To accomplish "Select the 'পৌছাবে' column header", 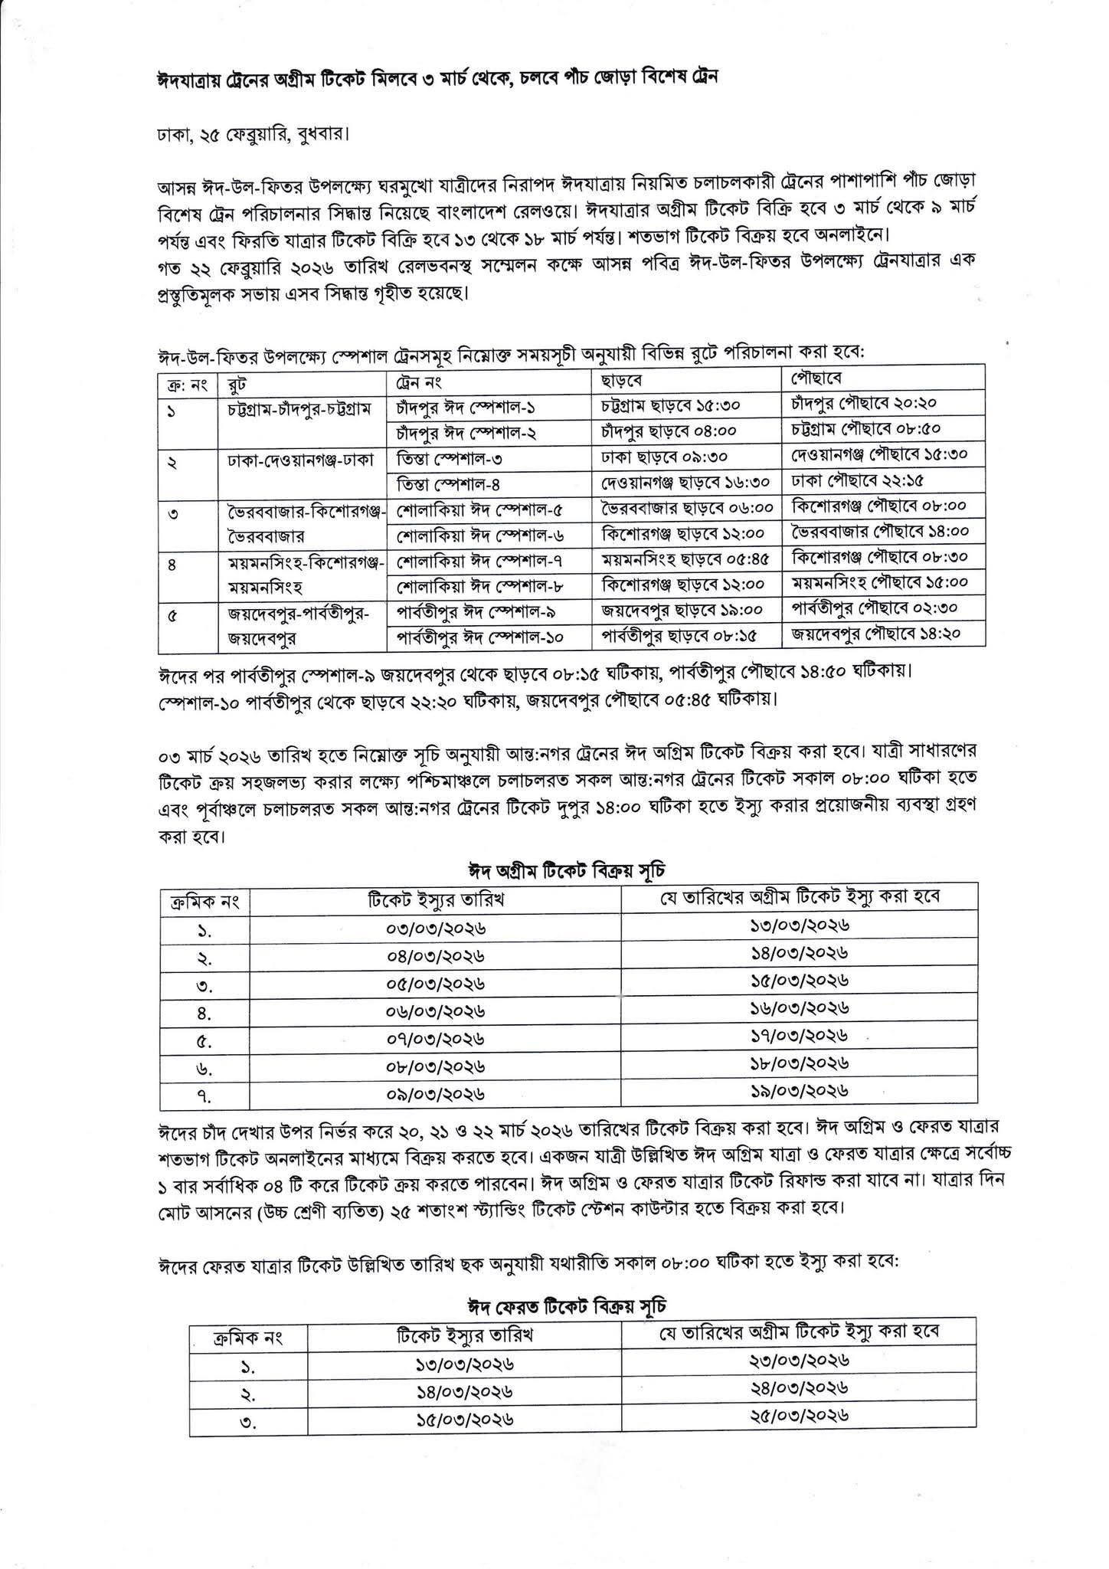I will click(x=816, y=378).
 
